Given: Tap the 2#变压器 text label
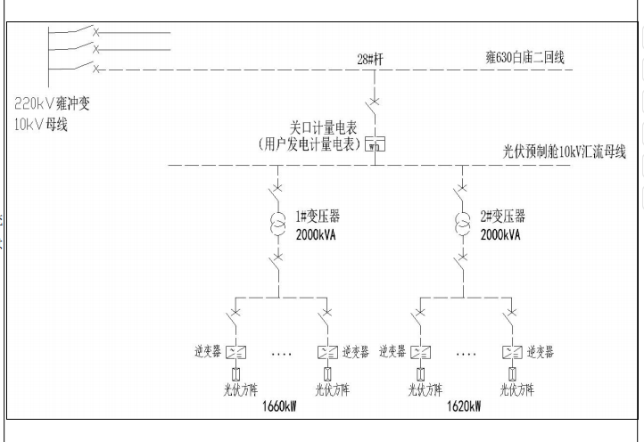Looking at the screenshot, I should [504, 217].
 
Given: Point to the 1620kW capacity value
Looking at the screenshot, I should [463, 406].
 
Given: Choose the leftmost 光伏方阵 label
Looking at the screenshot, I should [237, 389].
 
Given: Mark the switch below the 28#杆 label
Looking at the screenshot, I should [376, 105].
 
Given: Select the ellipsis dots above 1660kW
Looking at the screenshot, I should [283, 354].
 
